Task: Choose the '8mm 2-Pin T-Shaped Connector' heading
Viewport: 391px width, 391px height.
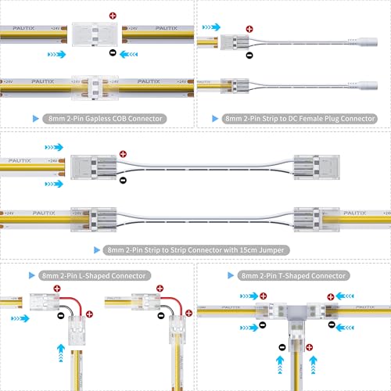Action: (294, 276)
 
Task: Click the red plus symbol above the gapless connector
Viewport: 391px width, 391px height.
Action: (113, 16)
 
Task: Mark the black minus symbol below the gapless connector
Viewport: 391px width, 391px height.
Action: (113, 53)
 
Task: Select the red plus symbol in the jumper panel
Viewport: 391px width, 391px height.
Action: (123, 155)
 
